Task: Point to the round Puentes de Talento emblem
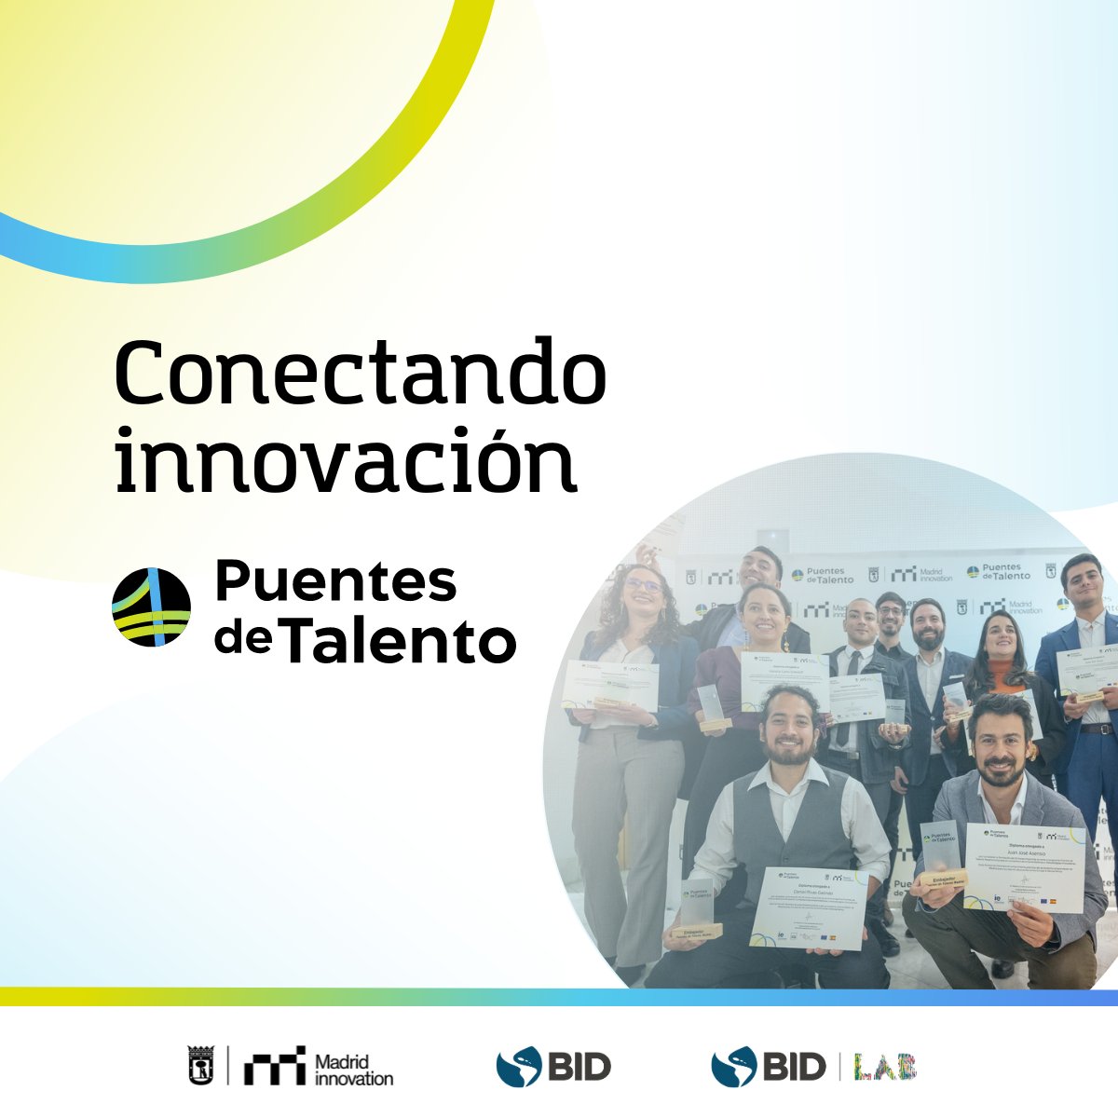[151, 607]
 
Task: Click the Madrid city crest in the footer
[201, 1066]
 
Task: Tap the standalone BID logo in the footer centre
[553, 1066]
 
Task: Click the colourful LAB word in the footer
[886, 1067]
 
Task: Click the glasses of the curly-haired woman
[643, 586]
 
